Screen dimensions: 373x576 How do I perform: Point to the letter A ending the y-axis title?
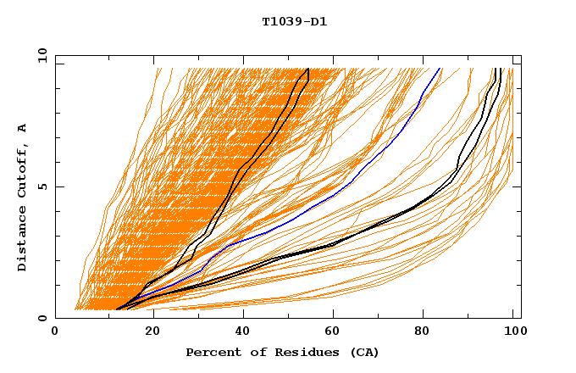point(22,128)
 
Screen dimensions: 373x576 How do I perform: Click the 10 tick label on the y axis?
point(41,55)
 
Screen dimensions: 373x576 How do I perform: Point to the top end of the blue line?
point(440,69)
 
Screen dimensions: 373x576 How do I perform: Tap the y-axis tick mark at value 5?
point(58,186)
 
